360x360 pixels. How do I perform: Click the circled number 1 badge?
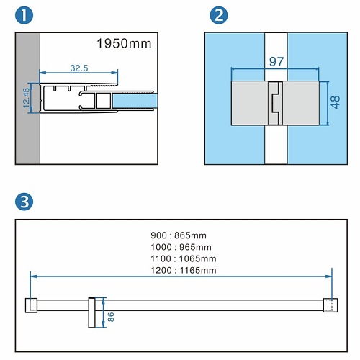pyautogui.click(x=24, y=15)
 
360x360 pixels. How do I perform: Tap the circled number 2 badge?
pyautogui.click(x=219, y=15)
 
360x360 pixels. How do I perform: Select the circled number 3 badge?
pyautogui.click(x=24, y=202)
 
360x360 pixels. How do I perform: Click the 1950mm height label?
pyautogui.click(x=124, y=44)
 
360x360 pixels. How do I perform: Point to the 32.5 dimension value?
pyautogui.click(x=79, y=68)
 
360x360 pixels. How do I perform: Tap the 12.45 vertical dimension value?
pyautogui.click(x=26, y=98)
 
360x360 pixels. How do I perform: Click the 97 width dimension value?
pyautogui.click(x=276, y=62)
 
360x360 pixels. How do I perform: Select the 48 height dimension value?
pyautogui.click(x=336, y=102)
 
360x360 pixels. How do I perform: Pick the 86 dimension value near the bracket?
pyautogui.click(x=111, y=317)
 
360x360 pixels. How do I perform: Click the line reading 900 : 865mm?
pyautogui.click(x=179, y=235)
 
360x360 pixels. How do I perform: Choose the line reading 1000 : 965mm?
pyautogui.click(x=181, y=247)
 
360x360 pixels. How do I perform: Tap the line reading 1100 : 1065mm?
pyautogui.click(x=184, y=258)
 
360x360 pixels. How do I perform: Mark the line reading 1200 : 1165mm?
pyautogui.click(x=184, y=271)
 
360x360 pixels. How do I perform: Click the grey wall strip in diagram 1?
pyautogui.click(x=28, y=99)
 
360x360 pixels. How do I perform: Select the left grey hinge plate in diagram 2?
pyautogui.click(x=250, y=103)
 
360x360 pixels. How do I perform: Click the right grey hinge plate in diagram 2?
pyautogui.click(x=301, y=103)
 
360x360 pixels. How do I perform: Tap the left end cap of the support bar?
pyautogui.click(x=31, y=305)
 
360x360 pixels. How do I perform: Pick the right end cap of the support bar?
pyautogui.click(x=330, y=305)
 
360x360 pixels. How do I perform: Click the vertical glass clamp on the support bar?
pyautogui.click(x=91, y=312)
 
